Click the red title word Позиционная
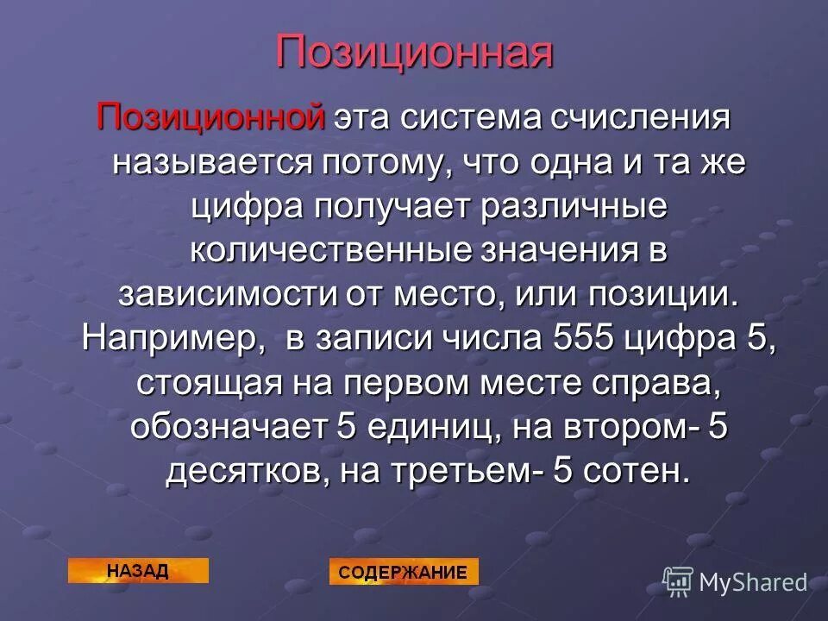coord(414,53)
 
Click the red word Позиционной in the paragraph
coord(211,116)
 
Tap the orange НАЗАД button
coord(138,570)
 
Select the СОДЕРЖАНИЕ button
coord(403,571)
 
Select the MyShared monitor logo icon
coord(678,582)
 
